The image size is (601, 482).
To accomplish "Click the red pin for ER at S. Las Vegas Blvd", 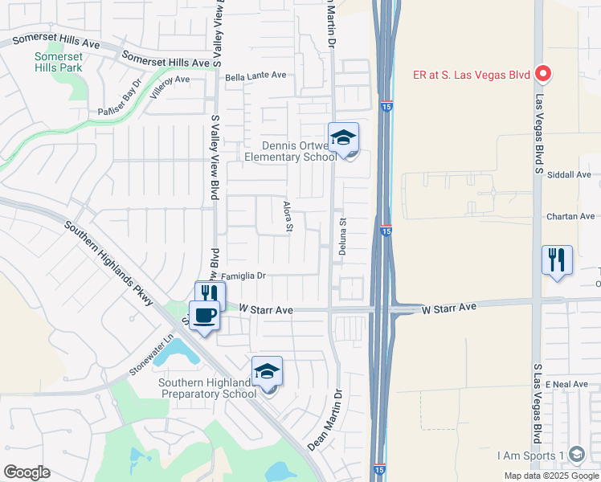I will pos(542,75).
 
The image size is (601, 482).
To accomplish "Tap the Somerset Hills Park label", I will pos(58,63).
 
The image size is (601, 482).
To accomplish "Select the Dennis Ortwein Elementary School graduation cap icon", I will pos(343,137).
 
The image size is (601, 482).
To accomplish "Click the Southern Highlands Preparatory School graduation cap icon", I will pos(267,371).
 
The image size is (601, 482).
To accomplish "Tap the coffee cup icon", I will pos(204,316).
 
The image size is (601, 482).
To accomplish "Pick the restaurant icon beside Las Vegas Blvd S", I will pos(557,260).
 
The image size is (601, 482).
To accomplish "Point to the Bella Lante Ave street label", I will pos(256,76).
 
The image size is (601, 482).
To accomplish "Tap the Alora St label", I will pos(288,217).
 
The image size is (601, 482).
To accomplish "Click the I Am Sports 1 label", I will pos(532,455).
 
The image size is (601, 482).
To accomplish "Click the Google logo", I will pos(26,472).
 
